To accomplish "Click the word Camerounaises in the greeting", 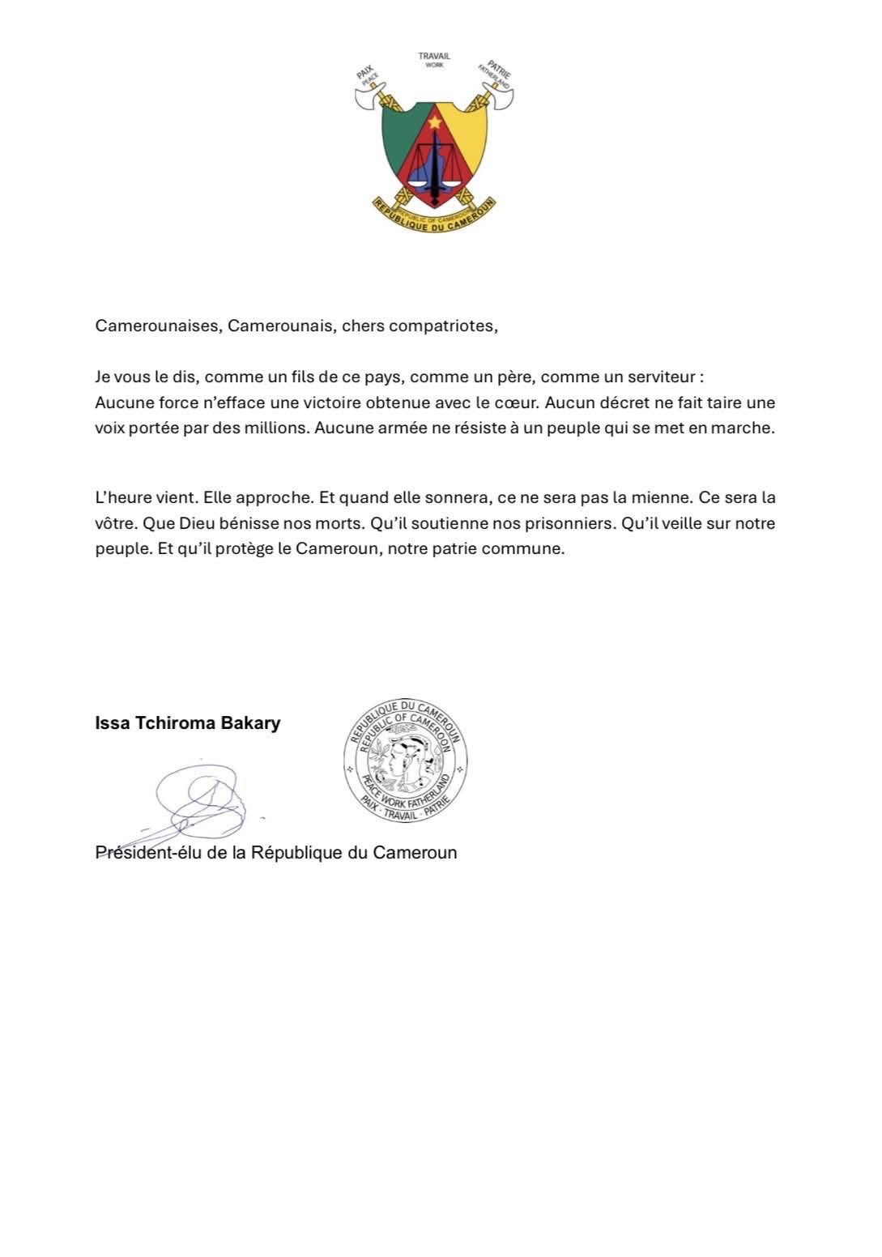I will tap(157, 326).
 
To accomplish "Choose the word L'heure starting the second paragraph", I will tap(126, 497).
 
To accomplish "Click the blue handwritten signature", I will tap(198, 802).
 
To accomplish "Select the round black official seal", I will tap(405, 760).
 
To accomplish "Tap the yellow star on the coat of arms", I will tap(435, 122).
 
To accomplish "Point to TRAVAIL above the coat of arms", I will tap(434, 56).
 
